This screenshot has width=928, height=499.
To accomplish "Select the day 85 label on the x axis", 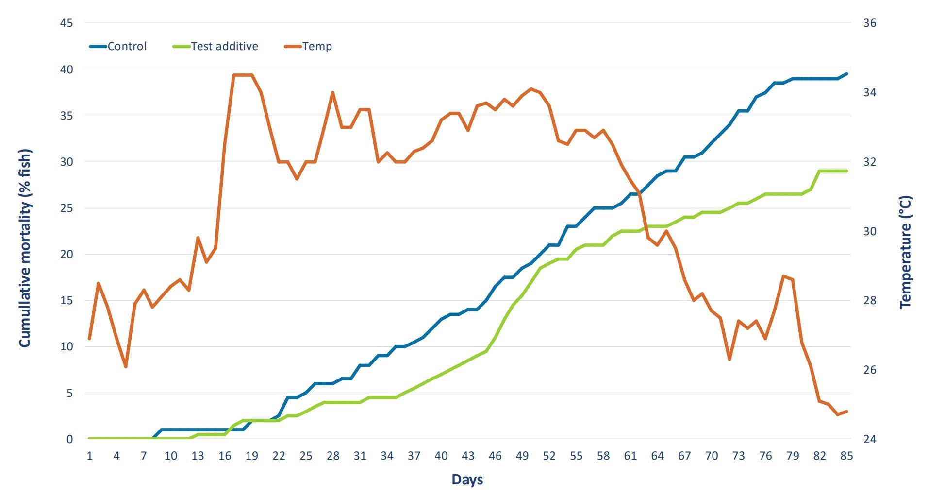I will (846, 456).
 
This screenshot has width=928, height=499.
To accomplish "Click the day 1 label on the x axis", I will (89, 456).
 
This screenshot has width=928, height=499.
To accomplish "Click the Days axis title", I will (467, 480).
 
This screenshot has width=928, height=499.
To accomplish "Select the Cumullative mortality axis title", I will (25, 248).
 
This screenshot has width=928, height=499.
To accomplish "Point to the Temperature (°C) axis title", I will (906, 252).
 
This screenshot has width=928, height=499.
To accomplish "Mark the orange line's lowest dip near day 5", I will (126, 366).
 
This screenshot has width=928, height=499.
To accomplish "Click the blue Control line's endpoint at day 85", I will (846, 74).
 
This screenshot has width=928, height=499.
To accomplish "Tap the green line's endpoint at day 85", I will (846, 171).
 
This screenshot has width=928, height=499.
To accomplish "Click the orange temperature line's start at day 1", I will (89, 339).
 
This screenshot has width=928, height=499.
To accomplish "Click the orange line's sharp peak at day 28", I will (332, 92).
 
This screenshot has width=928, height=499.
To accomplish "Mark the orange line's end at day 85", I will (846, 412).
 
